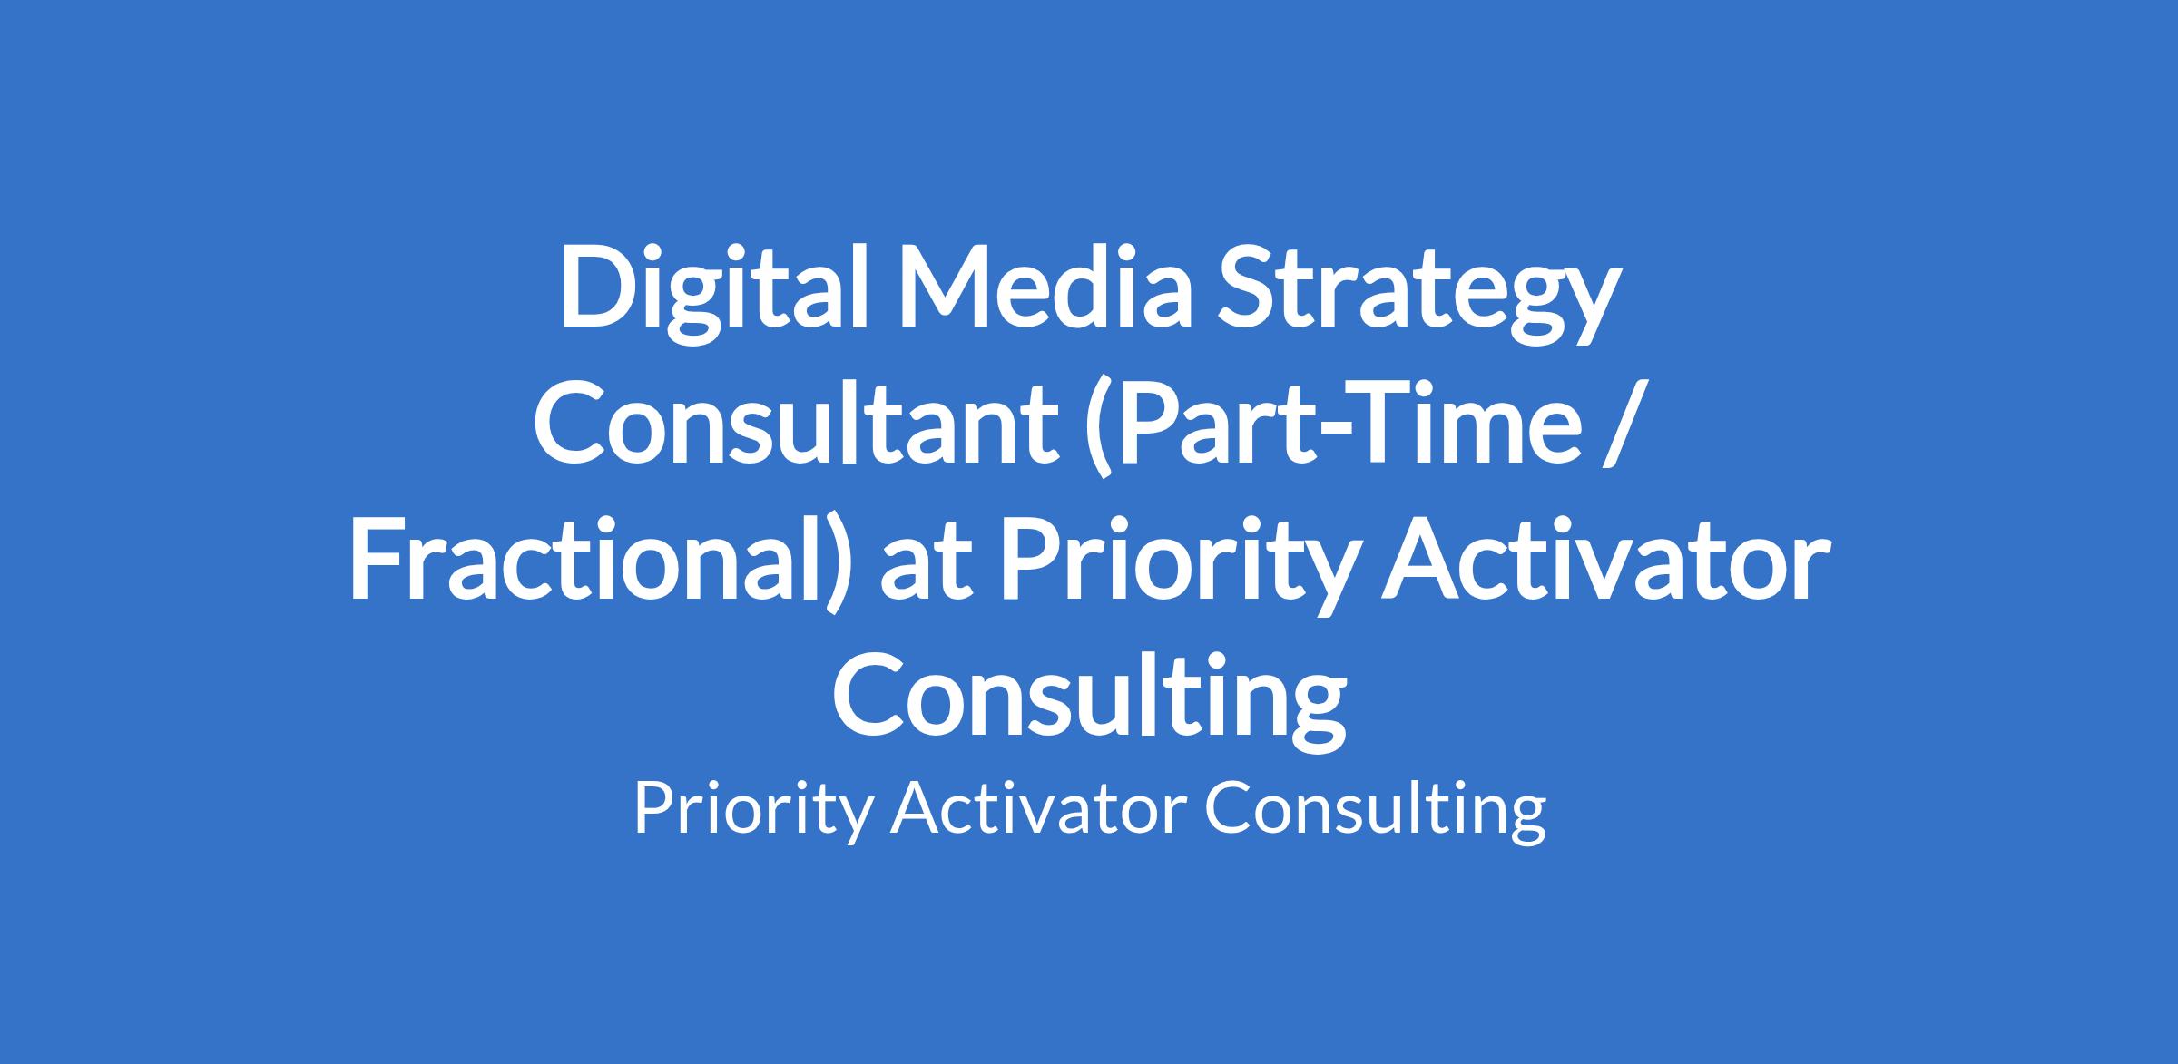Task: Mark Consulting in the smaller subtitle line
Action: tap(1376, 810)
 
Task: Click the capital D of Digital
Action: tap(600, 287)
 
